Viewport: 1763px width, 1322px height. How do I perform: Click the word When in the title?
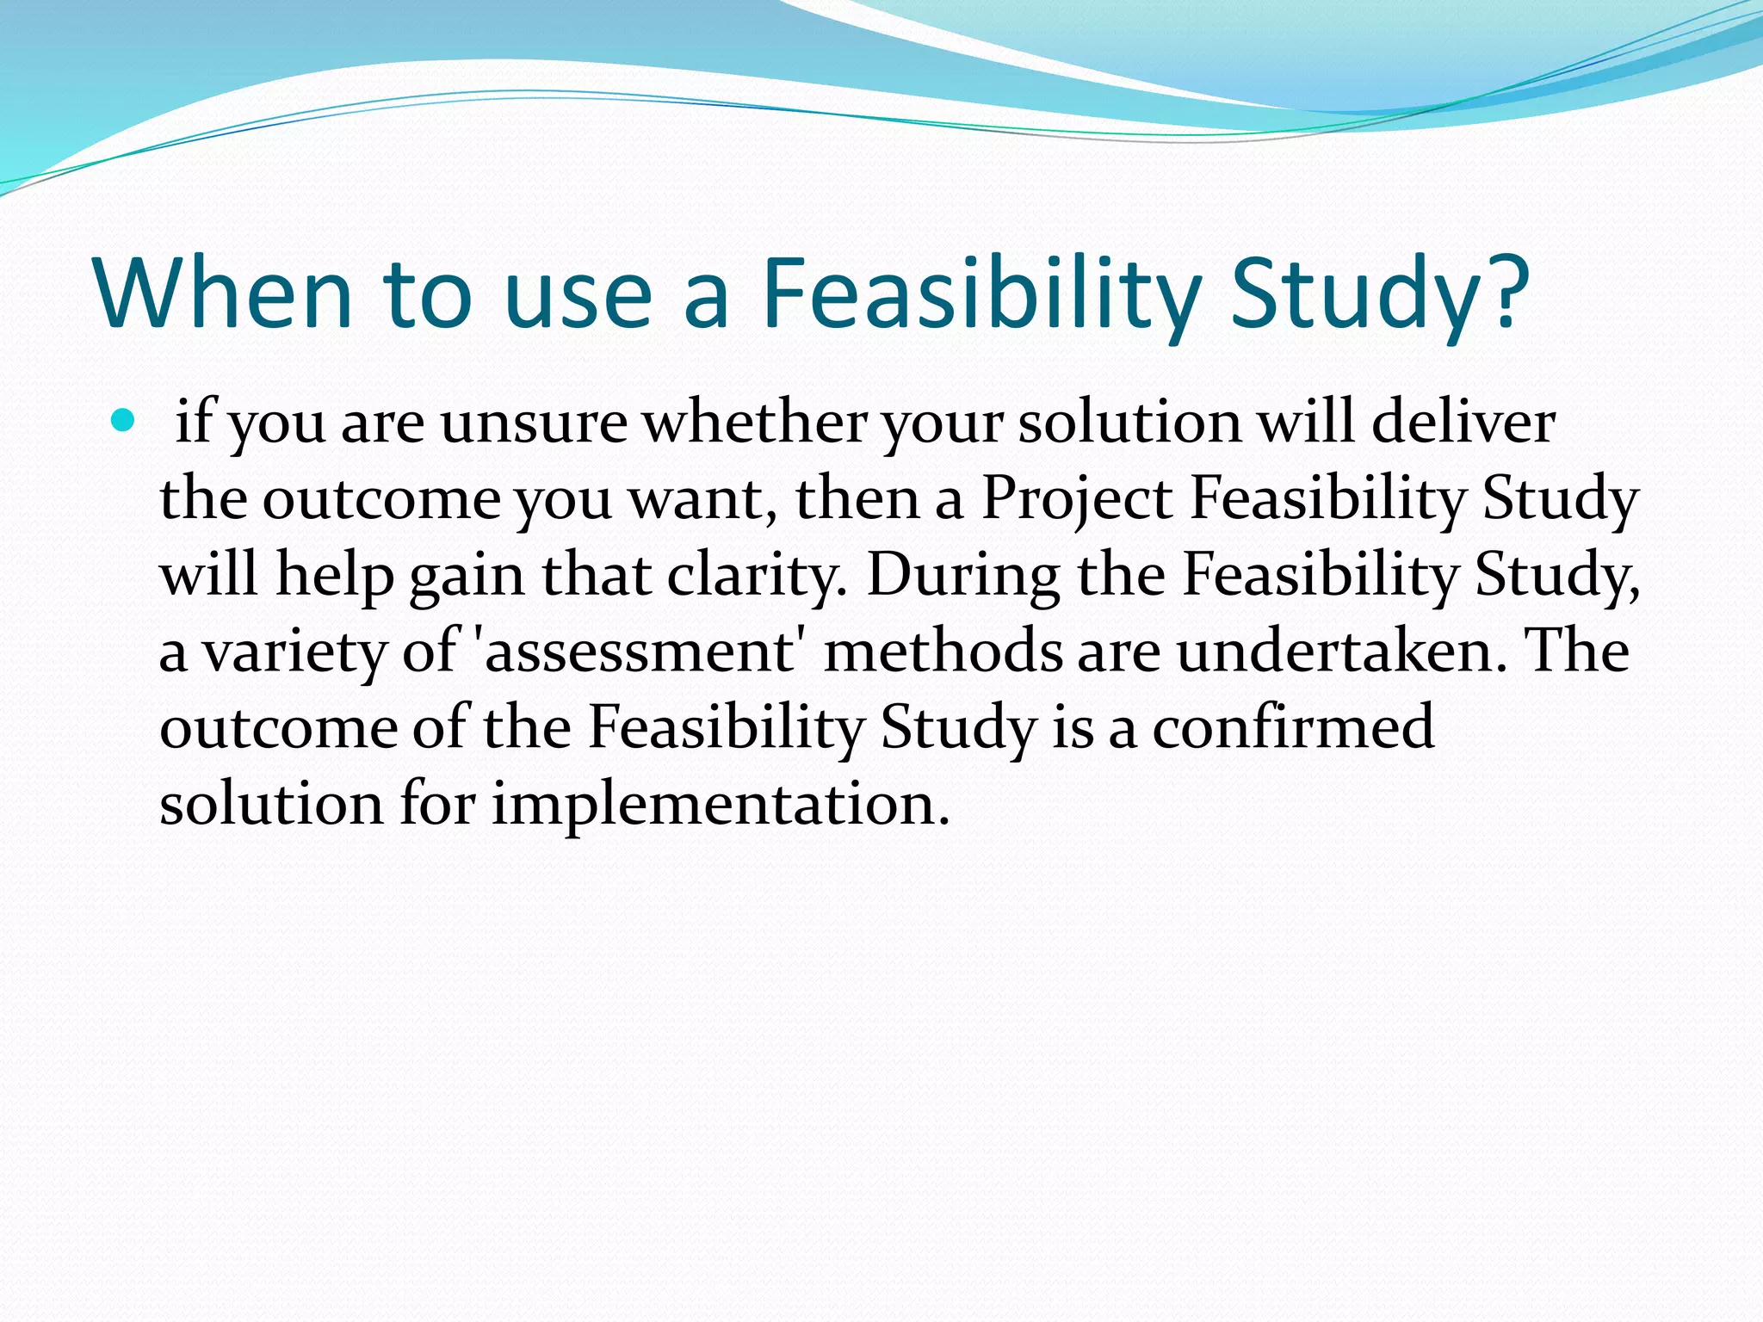224,293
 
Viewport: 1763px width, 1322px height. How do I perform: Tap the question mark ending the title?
1503,293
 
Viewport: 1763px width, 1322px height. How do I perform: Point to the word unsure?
534,423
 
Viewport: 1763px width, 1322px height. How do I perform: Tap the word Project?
1076,499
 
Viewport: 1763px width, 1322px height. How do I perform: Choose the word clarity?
757,575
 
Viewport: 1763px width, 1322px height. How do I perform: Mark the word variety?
294,652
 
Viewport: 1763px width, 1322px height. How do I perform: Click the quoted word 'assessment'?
641,652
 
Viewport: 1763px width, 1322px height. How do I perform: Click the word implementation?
720,804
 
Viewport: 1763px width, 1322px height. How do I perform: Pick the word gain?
466,575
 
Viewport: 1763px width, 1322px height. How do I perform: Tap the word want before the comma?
696,499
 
